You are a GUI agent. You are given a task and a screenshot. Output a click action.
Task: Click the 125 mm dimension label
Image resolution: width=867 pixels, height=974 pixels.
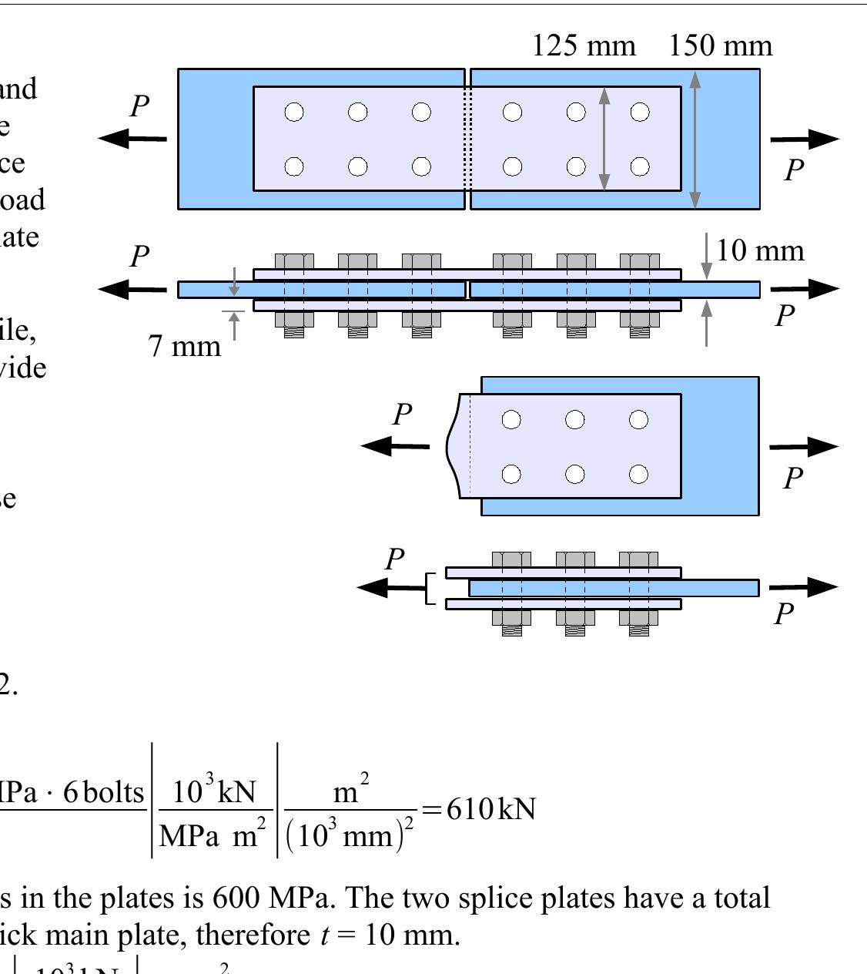pos(584,46)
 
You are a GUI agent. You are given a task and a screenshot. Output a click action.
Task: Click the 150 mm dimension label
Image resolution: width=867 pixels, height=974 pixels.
pos(720,46)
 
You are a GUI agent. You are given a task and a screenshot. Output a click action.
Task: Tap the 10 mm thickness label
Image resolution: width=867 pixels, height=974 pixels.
pos(760,251)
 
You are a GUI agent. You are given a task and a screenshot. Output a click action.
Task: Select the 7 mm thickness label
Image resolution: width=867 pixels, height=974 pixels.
pos(185,346)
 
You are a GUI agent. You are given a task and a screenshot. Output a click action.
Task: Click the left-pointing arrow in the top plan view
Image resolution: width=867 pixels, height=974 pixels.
pos(132,139)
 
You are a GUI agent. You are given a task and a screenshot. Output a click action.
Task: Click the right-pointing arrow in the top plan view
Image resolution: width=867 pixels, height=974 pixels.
pos(804,139)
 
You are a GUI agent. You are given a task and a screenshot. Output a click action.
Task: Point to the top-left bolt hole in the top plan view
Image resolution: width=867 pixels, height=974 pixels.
pos(294,113)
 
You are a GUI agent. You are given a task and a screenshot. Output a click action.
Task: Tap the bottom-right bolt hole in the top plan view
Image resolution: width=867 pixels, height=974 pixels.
pos(640,166)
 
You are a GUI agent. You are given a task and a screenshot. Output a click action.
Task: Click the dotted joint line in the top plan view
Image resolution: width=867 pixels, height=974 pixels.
pos(467,139)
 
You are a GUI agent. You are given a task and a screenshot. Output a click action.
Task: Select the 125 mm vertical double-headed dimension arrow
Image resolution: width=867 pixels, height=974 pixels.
pos(604,139)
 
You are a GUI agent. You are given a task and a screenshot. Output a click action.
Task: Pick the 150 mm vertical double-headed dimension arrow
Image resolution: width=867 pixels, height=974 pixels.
pos(695,139)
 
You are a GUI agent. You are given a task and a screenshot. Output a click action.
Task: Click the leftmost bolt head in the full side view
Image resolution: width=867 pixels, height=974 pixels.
pos(294,260)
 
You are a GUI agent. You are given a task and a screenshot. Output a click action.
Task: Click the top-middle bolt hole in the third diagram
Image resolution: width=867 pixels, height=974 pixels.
pos(575,419)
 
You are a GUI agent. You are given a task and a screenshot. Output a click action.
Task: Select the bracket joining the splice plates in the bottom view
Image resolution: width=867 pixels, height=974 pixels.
pos(430,588)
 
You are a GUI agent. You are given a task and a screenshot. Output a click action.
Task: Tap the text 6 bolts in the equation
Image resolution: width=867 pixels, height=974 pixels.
pos(104,792)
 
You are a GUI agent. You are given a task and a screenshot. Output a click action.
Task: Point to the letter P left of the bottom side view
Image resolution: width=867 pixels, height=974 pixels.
pos(395,559)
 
